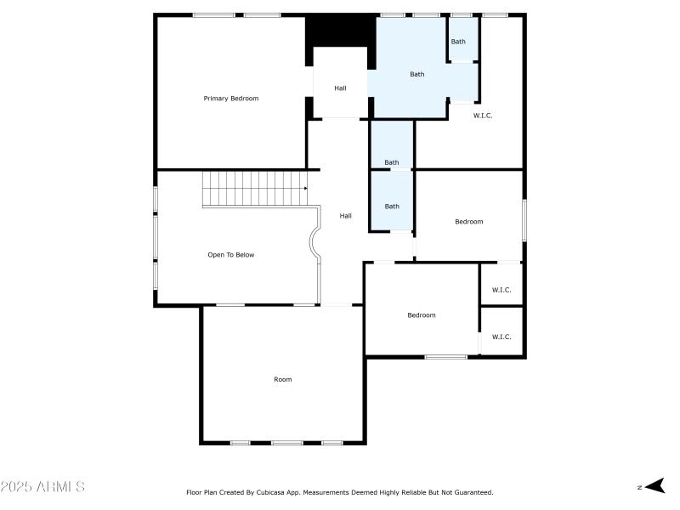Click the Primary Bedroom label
[230, 99]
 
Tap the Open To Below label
[231, 255]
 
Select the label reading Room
[283, 379]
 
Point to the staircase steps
[252, 189]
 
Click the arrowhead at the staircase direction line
[305, 189]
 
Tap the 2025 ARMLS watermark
[42, 487]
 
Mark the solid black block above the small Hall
[340, 31]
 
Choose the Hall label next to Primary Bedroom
[340, 88]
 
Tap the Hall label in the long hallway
[346, 216]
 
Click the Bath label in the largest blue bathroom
[417, 74]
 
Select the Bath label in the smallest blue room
[458, 42]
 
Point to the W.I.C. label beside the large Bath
[483, 116]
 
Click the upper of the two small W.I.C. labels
[501, 290]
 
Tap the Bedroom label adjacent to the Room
[421, 315]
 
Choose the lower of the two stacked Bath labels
[392, 206]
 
